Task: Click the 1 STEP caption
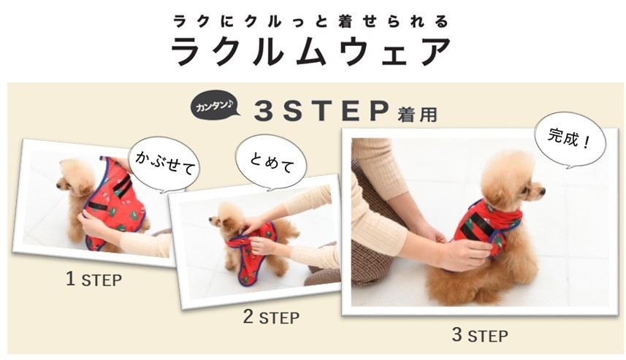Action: point(94,279)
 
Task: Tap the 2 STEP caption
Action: point(271,318)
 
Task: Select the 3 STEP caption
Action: point(478,335)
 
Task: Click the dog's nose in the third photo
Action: point(541,191)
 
